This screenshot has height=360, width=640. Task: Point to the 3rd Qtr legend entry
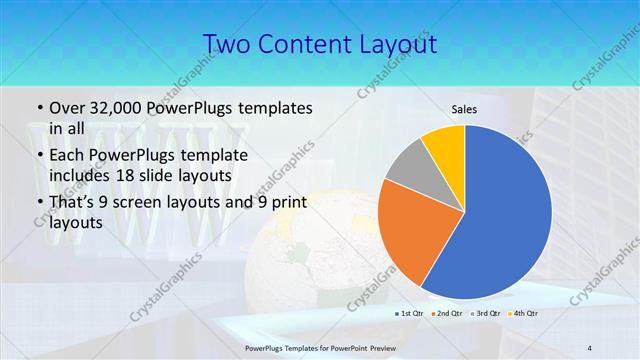(488, 313)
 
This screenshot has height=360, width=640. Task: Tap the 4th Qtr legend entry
(525, 313)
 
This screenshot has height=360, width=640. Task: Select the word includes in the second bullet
(80, 176)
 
